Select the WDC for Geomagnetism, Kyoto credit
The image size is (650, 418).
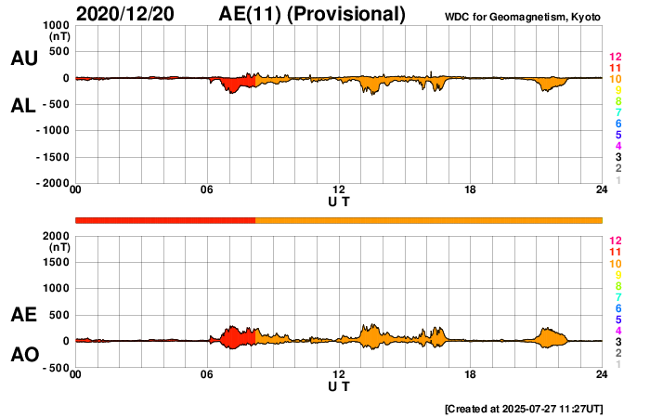coord(522,18)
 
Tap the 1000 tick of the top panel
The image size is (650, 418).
coord(54,25)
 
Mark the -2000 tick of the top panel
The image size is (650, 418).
coord(51,184)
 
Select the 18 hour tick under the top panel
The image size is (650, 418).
coord(470,191)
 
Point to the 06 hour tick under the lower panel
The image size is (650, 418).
coord(207,374)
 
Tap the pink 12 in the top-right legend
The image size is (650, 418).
coord(615,58)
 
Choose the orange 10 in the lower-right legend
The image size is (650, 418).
coord(615,264)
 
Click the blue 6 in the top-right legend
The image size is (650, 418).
coord(617,124)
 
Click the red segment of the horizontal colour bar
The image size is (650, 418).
coord(164,219)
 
